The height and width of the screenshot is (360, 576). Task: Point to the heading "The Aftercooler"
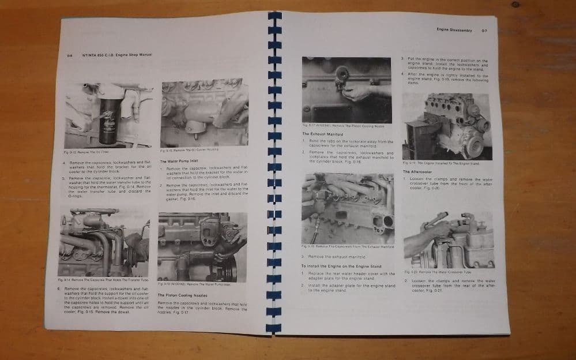415,171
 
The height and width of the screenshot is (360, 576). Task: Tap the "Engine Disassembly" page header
454,29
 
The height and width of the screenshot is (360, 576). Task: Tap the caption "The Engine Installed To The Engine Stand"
441,163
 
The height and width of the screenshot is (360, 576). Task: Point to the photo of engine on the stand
447,126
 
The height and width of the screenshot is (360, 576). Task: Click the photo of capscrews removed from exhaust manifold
348,208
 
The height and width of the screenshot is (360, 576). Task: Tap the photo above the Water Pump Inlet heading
204,113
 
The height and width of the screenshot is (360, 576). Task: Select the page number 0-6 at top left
69,55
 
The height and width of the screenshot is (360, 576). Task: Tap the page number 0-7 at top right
484,30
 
